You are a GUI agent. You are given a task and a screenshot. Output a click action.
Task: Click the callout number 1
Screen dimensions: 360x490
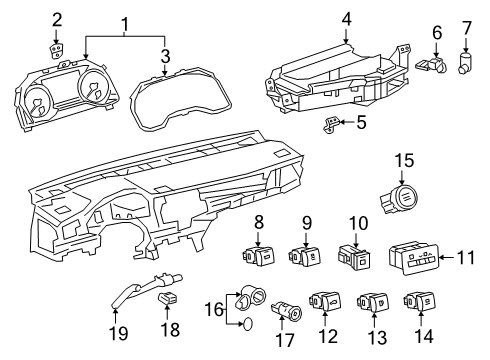click(125, 22)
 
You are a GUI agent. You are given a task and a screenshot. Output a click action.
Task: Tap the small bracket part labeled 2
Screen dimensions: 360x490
click(56, 51)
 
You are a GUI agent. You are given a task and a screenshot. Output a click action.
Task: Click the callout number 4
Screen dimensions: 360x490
click(345, 18)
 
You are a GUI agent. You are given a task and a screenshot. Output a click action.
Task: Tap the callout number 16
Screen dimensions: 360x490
click(210, 311)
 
